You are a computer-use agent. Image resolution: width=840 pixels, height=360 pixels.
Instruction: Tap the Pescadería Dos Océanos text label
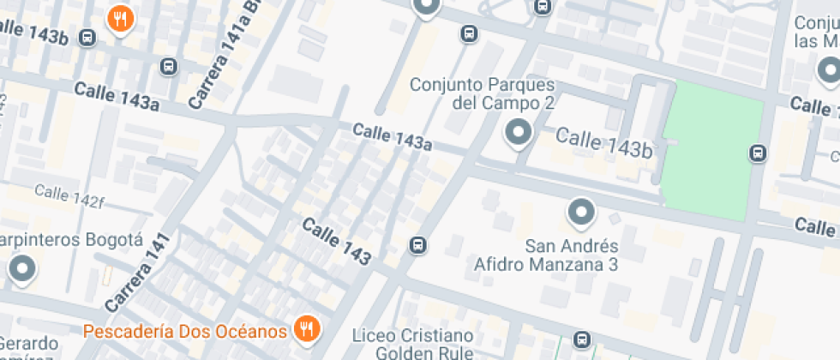184,331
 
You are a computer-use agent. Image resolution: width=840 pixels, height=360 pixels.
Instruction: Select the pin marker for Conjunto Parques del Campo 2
517,133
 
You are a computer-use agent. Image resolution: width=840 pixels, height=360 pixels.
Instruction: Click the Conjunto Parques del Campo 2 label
482,93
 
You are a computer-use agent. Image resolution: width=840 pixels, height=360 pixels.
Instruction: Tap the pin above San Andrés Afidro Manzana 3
581,212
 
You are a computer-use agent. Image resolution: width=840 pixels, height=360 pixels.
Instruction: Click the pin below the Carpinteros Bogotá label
21,269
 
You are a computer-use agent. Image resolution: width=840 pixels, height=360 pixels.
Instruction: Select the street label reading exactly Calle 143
337,241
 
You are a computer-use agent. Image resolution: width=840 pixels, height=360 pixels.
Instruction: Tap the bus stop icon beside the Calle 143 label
417,245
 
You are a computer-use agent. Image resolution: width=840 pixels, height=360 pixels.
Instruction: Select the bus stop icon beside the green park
757,153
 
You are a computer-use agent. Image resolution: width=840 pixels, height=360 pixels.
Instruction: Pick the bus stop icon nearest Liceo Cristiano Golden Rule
582,339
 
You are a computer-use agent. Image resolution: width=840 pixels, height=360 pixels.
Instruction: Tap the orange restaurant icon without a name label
119,18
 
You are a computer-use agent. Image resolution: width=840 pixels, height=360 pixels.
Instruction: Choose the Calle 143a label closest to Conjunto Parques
392,136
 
